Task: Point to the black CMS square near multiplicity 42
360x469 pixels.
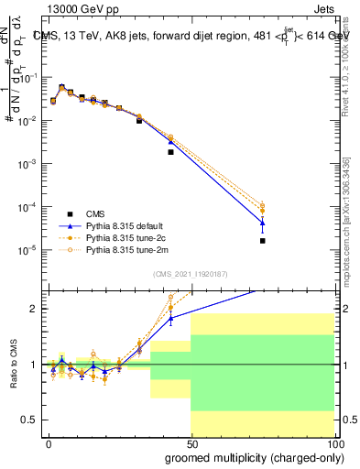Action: tap(170, 152)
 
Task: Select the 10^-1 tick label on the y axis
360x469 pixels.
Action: tap(30, 78)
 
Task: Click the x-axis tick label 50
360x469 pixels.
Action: tap(191, 442)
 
